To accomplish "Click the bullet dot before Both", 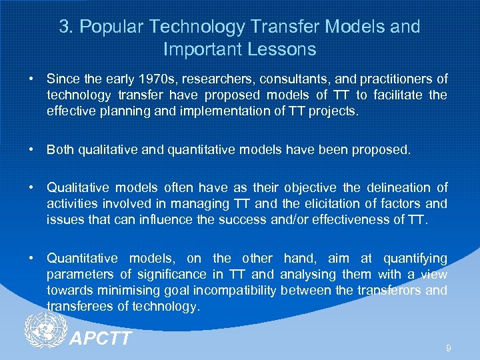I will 31,149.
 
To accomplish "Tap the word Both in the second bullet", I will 60,149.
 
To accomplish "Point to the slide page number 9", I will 449,347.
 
